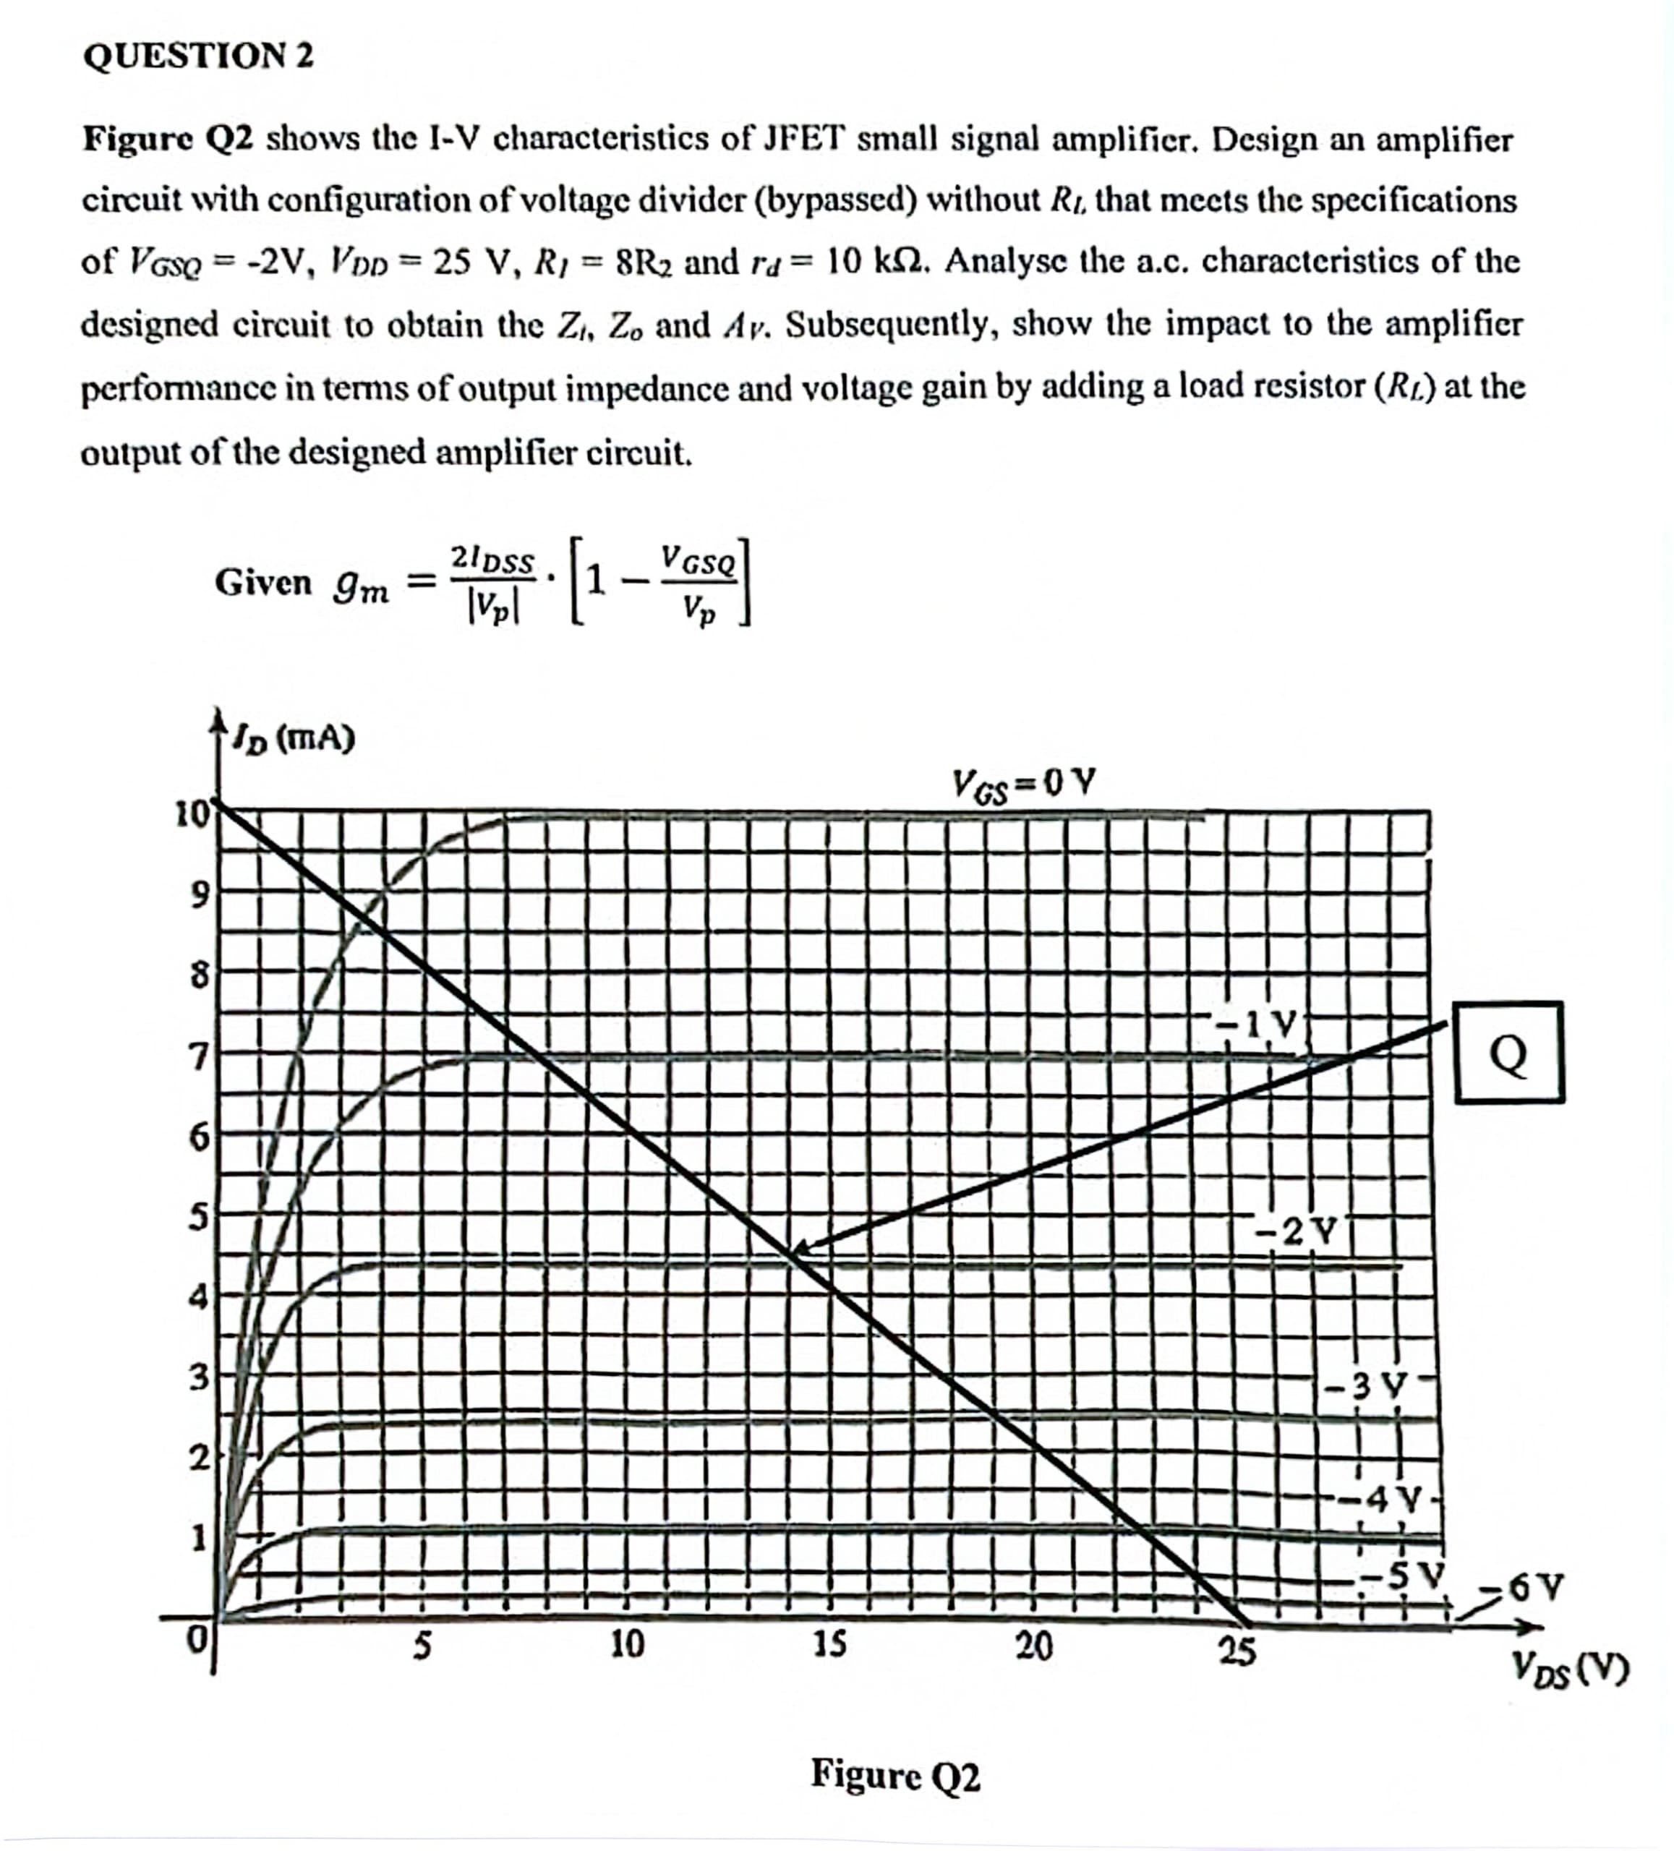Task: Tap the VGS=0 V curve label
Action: click(x=1023, y=785)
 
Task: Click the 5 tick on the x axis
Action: click(x=421, y=1644)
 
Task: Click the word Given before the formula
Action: click(x=262, y=582)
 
